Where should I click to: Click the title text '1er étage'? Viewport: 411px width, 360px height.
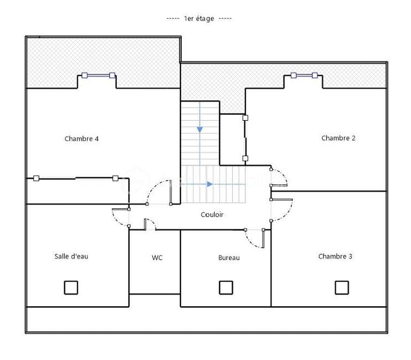(199, 18)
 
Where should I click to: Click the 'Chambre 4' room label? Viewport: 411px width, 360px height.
(81, 138)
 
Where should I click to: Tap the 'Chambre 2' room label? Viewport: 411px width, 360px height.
(338, 138)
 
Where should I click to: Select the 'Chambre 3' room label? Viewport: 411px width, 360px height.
(335, 256)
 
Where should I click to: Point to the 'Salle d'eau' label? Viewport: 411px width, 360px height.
(71, 256)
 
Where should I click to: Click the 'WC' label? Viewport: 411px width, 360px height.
(157, 258)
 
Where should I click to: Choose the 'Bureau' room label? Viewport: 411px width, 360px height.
(229, 258)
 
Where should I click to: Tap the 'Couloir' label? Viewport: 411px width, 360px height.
(212, 215)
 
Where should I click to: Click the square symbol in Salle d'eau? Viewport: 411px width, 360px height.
(71, 287)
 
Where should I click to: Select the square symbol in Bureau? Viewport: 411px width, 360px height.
(225, 287)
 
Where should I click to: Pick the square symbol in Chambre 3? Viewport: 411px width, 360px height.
(342, 287)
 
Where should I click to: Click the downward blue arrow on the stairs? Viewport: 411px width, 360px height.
(199, 129)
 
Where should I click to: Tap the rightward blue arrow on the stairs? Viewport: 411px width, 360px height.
(209, 184)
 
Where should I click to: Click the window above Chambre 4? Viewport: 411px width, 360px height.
(97, 75)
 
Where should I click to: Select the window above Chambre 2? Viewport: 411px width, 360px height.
(304, 75)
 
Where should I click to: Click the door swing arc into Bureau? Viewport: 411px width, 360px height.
(254, 240)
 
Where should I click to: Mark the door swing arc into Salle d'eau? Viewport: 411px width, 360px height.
(119, 219)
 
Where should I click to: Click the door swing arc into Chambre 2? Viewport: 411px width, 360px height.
(281, 177)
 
